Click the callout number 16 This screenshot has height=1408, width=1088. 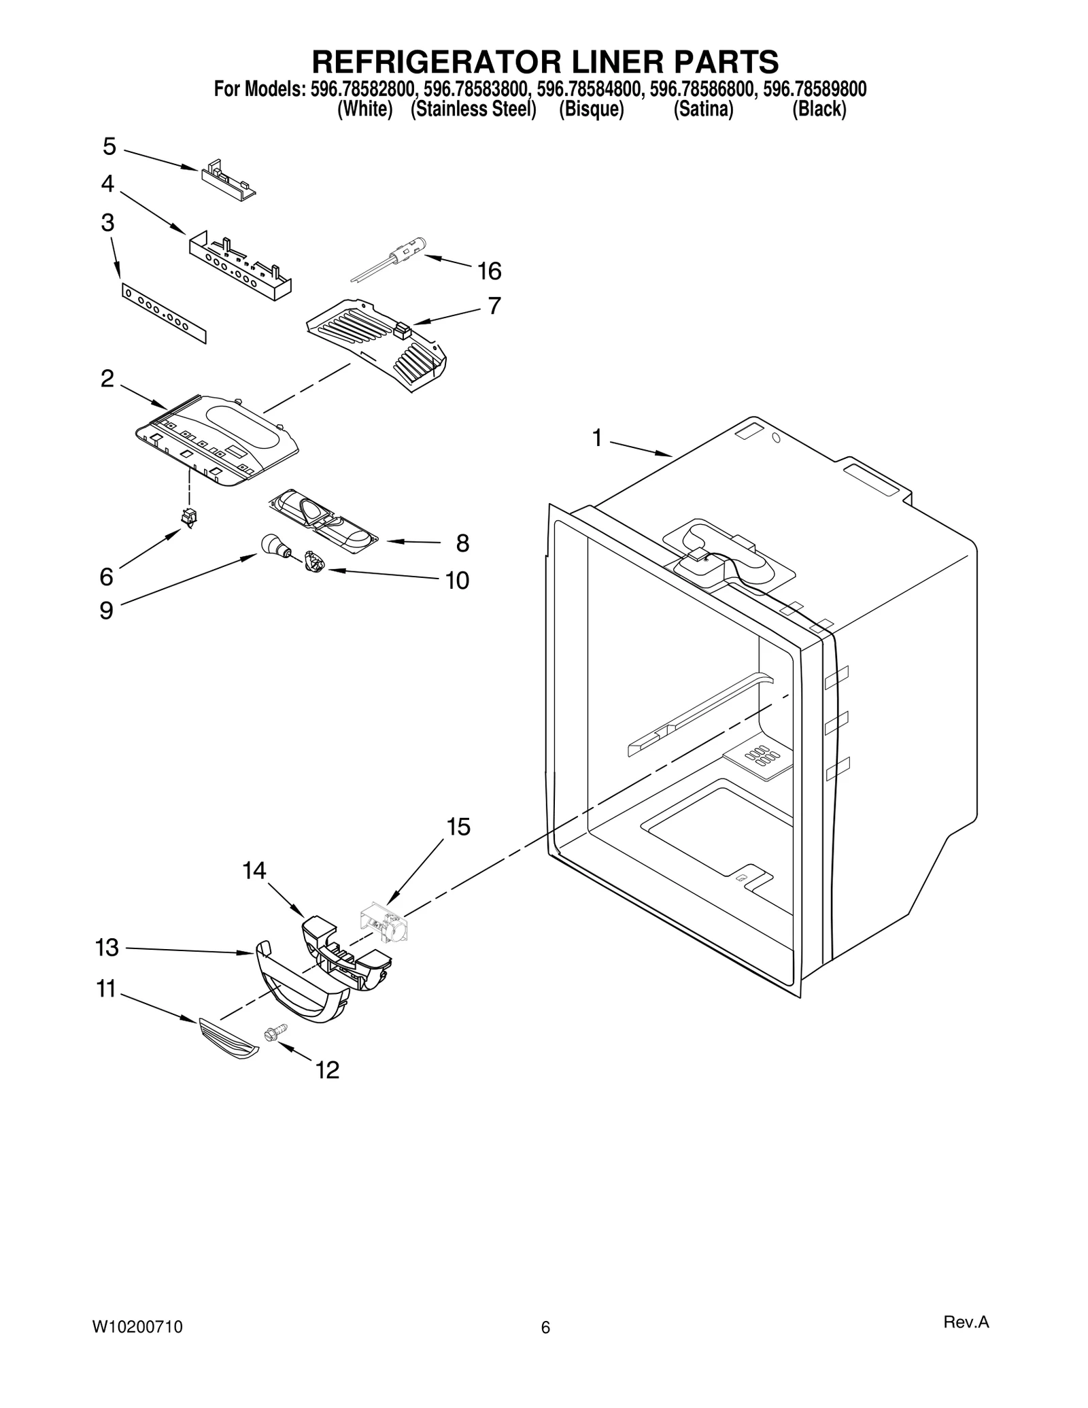(x=489, y=271)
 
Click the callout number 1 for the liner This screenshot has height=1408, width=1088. (x=596, y=439)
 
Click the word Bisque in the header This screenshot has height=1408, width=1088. (x=591, y=109)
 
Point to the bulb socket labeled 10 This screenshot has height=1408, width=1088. (x=315, y=562)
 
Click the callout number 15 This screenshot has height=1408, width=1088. (x=458, y=827)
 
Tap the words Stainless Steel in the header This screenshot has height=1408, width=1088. (x=473, y=109)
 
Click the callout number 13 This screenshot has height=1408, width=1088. (x=107, y=948)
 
